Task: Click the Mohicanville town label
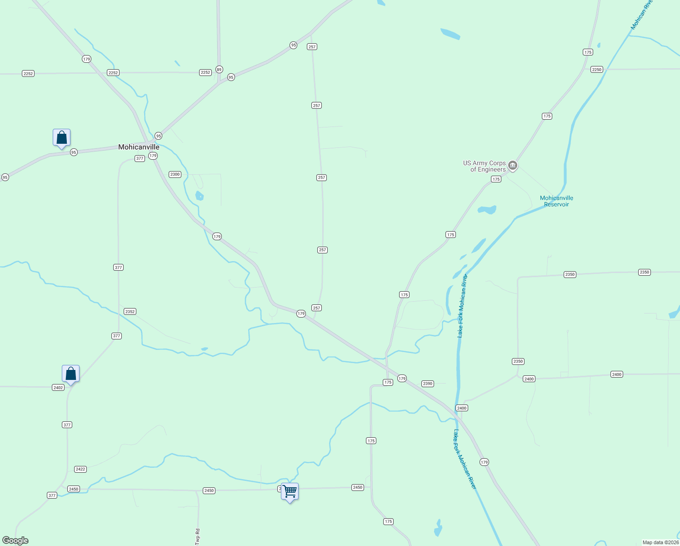point(139,147)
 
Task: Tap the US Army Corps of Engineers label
point(485,166)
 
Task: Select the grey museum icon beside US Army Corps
point(513,165)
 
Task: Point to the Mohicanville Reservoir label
point(556,201)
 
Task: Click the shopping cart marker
point(290,491)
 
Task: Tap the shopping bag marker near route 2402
point(70,374)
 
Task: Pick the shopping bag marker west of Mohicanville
point(61,137)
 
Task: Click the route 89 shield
point(219,70)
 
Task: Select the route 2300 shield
point(175,174)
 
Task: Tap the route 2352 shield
point(130,312)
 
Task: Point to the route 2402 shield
point(58,388)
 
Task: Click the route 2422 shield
point(80,469)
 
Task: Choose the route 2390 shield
point(428,384)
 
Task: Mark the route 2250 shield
point(597,70)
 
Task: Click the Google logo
point(15,541)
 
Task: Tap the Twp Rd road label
point(197,536)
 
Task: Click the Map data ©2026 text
point(660,542)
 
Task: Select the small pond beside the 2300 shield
point(199,196)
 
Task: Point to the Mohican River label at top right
point(641,15)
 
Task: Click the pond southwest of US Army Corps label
point(487,210)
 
